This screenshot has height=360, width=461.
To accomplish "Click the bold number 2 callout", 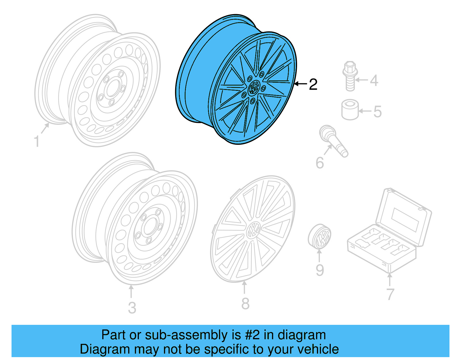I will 313,84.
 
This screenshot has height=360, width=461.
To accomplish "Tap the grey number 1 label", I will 37,142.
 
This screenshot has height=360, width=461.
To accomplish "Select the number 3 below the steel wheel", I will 132,308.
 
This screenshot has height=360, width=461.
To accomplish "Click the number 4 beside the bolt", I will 374,80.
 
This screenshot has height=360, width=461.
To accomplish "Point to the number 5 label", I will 377,112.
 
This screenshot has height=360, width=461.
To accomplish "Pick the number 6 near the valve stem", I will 320,163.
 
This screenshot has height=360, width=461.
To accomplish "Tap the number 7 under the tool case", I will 390,294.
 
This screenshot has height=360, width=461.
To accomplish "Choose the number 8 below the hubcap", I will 245,304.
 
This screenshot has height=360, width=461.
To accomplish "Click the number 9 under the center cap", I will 320,270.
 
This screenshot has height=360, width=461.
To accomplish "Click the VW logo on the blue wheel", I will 254,87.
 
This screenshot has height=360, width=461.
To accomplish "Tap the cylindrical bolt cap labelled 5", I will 350,110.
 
